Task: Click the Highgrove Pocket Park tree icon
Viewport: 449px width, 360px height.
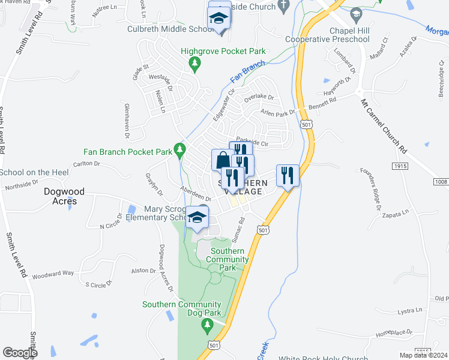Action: [194, 63]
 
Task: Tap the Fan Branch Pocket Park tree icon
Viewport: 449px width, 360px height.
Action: [178, 148]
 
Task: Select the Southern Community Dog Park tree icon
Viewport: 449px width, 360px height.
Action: [207, 325]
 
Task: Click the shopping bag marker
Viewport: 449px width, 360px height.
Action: [221, 160]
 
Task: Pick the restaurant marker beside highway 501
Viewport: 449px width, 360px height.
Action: [287, 175]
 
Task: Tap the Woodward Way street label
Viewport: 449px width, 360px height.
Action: [52, 273]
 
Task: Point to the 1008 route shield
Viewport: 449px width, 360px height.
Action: [440, 181]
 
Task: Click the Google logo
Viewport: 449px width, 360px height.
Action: [20, 352]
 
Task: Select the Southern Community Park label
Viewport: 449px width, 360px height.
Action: [227, 259]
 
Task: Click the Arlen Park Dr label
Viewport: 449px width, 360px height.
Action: [278, 112]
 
